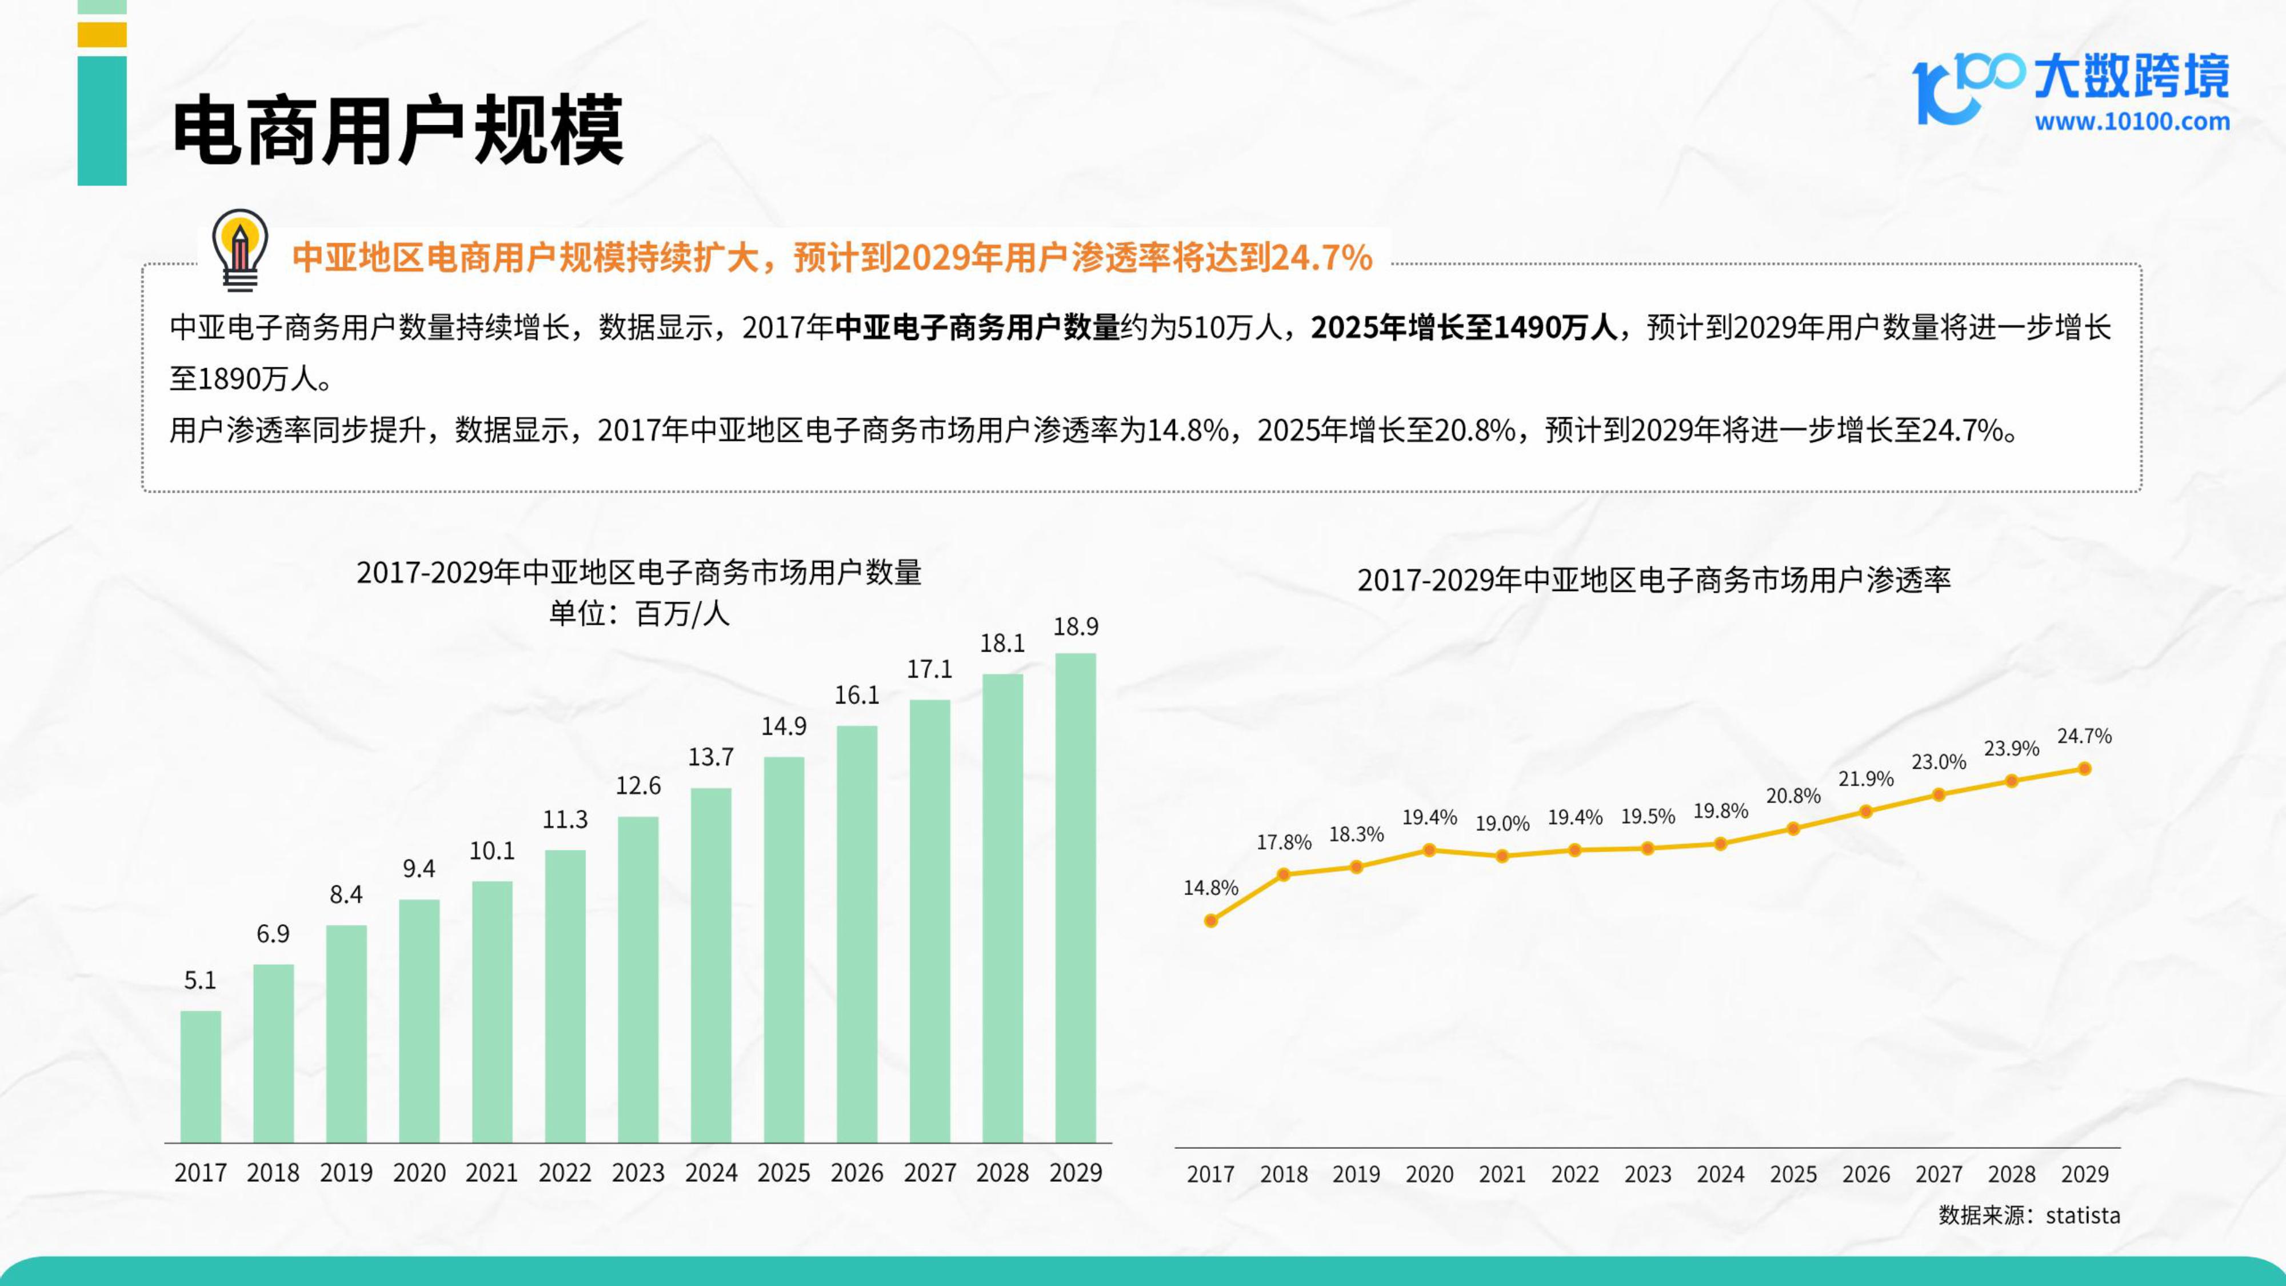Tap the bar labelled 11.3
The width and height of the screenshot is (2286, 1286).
565,996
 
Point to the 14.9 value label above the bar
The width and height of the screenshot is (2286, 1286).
784,726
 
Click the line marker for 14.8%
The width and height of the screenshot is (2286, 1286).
1210,920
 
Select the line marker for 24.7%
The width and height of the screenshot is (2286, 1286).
2085,769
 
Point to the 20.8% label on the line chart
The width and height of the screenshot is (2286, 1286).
1793,796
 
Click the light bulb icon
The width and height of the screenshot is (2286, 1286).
239,249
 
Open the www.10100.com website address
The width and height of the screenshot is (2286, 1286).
2132,122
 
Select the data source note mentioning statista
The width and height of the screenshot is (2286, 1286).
2029,1215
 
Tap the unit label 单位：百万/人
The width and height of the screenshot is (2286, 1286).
639,613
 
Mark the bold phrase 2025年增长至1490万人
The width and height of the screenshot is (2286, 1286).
1464,328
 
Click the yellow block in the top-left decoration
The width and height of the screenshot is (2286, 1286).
102,35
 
